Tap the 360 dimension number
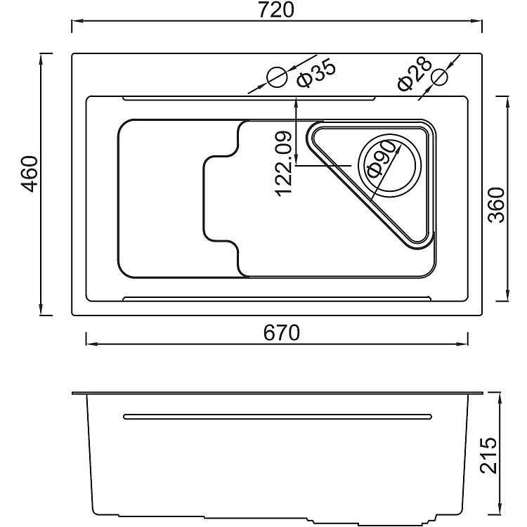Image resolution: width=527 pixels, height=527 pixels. click(x=497, y=204)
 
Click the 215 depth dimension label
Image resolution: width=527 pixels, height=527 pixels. click(x=488, y=455)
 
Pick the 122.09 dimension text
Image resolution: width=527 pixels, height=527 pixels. click(x=284, y=163)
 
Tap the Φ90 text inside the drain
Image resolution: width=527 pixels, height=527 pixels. click(x=382, y=162)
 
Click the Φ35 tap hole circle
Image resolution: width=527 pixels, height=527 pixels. click(x=276, y=77)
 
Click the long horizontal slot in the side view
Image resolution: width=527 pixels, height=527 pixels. click(x=275, y=417)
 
